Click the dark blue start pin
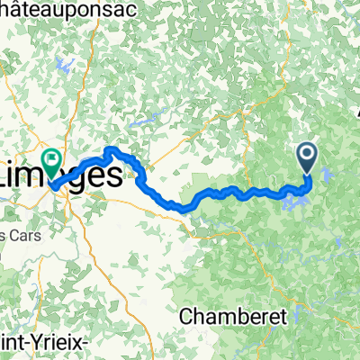pyautogui.click(x=308, y=158)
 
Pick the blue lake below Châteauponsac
pyautogui.click(x=64, y=66)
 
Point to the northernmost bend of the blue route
pyautogui.click(x=111, y=148)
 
